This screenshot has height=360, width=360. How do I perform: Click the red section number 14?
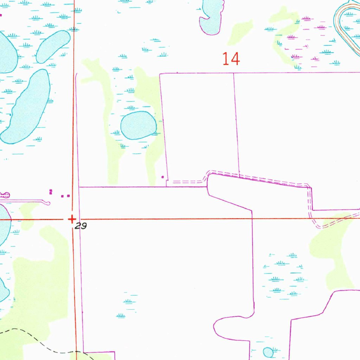tap(231, 59)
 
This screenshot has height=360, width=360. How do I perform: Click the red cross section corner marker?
tap(72, 219)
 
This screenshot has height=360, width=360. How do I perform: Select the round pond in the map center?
tap(139, 125)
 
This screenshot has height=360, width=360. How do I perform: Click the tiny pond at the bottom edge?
tap(268, 352)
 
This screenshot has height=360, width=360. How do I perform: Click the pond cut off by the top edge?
tap(211, 18)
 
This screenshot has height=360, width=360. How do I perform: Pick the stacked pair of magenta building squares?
tap(51, 192)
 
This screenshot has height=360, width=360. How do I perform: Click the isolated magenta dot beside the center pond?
tap(162, 177)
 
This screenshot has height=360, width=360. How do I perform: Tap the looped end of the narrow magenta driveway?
tap(47, 202)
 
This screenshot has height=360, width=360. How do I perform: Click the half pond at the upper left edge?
tap(6, 53)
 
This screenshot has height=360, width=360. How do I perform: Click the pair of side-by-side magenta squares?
tap(65, 196)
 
